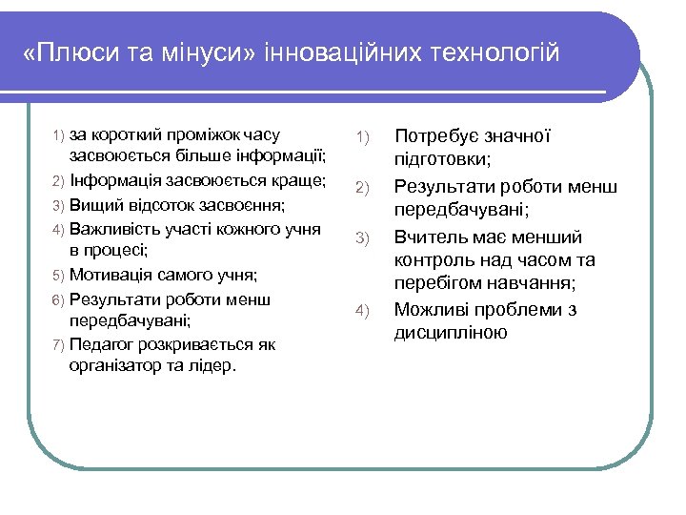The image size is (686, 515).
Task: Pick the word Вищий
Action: [x=91, y=205]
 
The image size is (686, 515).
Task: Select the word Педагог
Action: [x=101, y=343]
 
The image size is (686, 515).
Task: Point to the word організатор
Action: [x=116, y=366]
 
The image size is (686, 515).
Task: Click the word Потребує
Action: [x=434, y=136]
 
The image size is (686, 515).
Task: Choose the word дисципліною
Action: [x=451, y=332]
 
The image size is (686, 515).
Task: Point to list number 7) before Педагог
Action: [x=58, y=344]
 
